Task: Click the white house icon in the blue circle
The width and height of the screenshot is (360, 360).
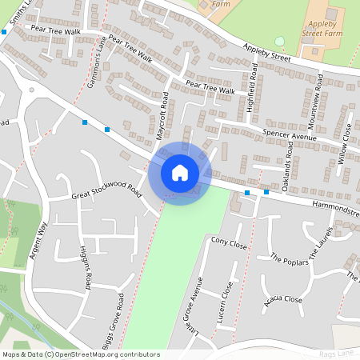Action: (180, 173)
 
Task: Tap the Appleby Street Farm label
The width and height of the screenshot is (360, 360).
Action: (326, 30)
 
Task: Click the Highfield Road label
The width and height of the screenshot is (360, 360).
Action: (251, 90)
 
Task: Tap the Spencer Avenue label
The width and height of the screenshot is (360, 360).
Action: (290, 137)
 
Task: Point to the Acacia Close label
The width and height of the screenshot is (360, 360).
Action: (283, 300)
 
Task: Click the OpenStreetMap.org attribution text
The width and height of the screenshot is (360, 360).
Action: (104, 354)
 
